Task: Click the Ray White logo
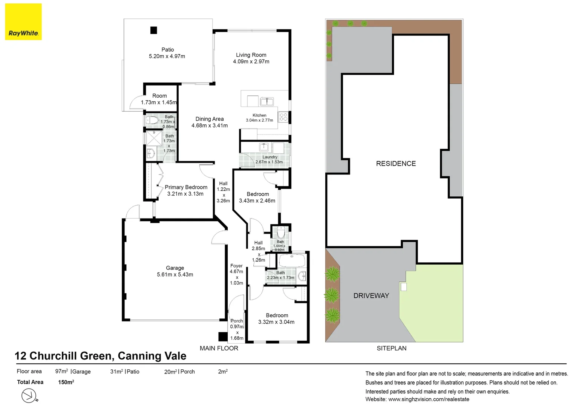(23, 21)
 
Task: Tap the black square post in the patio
(153, 31)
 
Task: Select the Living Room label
(251, 55)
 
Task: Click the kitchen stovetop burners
(283, 117)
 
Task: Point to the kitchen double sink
(267, 101)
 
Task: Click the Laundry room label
(270, 157)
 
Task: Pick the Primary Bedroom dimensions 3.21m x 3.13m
(185, 194)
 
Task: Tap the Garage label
(175, 268)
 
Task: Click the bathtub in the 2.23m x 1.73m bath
(292, 260)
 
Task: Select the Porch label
(237, 321)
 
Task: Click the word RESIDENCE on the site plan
(396, 164)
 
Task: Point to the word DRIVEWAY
(371, 296)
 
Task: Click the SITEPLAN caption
(392, 348)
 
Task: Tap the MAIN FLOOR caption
(219, 348)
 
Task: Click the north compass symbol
(29, 395)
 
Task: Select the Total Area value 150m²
(66, 382)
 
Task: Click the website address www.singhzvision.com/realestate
(429, 399)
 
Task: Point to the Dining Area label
(210, 119)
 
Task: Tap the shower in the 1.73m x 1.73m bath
(154, 138)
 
